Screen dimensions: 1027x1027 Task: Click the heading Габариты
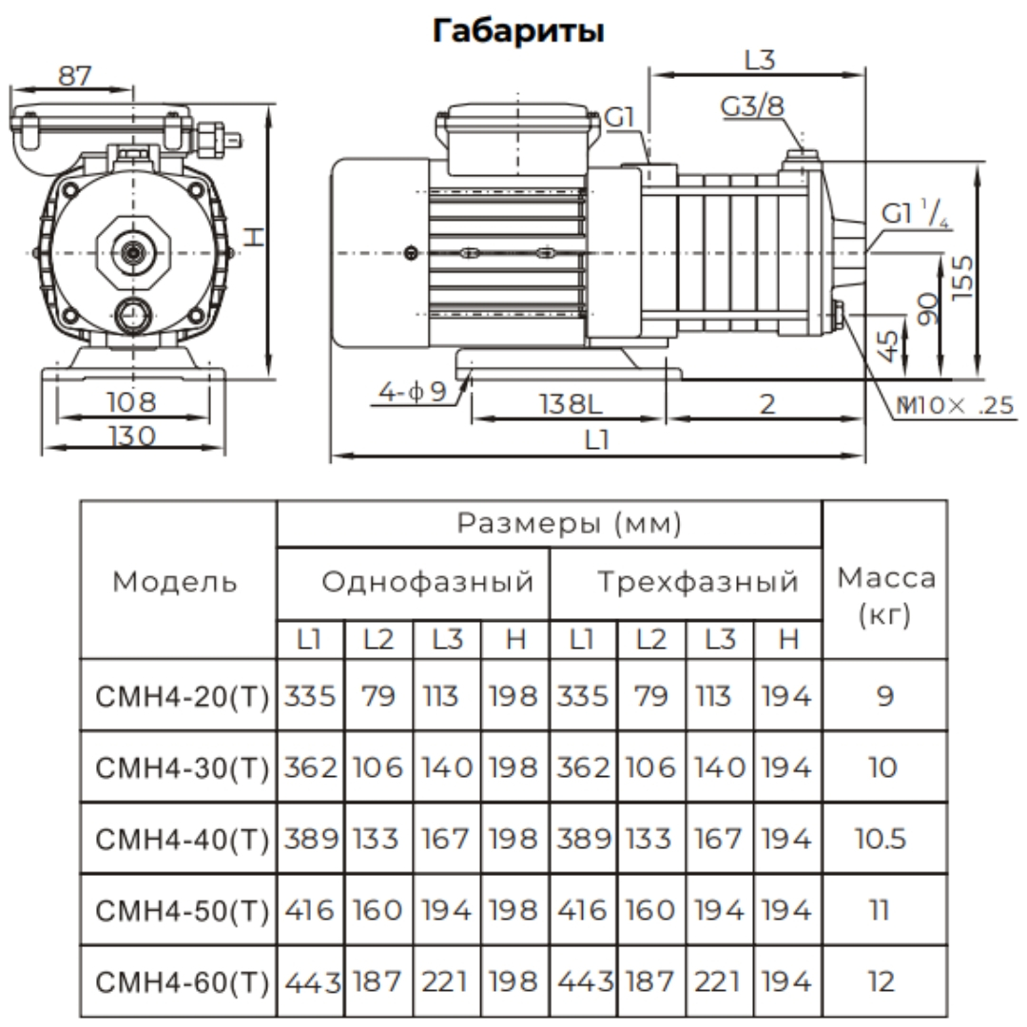click(518, 30)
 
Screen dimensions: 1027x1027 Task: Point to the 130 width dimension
click(132, 436)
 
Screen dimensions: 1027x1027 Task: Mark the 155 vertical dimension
click(963, 276)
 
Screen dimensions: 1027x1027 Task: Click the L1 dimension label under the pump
click(597, 440)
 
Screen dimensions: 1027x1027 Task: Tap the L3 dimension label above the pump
click(759, 60)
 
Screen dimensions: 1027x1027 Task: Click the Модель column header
click(176, 582)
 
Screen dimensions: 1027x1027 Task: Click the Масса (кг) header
click(885, 594)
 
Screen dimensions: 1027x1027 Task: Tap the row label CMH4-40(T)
click(180, 839)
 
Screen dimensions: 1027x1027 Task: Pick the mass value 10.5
click(885, 839)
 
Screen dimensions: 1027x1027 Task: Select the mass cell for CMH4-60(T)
click(885, 981)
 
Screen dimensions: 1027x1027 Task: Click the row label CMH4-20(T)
click(180, 696)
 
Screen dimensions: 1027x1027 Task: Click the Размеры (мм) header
click(549, 524)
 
